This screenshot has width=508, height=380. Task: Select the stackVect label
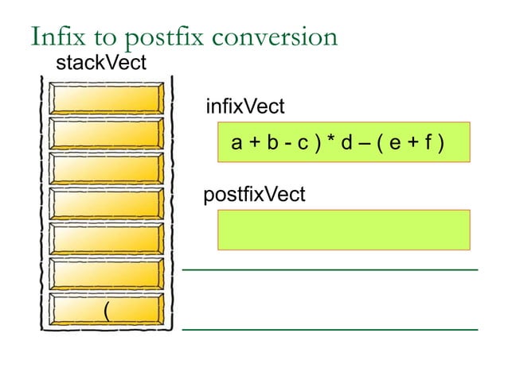click(100, 64)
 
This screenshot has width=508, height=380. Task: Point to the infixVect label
click(244, 107)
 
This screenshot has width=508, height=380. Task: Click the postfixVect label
click(254, 194)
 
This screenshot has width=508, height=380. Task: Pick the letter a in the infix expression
click(236, 144)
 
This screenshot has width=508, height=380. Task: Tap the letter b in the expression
click(273, 144)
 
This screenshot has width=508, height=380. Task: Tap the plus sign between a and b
click(255, 144)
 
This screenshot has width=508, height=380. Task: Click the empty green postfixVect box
click(342, 230)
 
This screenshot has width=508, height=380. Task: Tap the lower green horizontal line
click(330, 328)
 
